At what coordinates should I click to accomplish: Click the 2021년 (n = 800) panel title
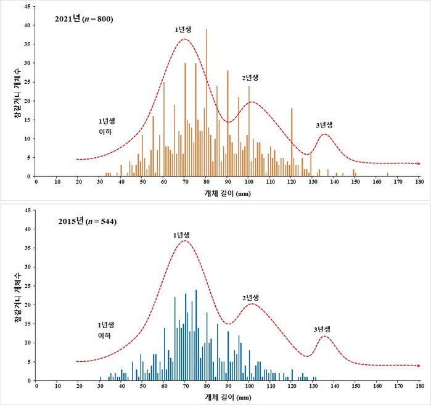coord(84,18)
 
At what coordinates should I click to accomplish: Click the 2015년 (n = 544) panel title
coord(84,221)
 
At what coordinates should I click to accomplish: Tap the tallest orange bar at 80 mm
coord(207,105)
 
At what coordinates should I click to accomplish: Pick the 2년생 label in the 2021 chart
coord(250,78)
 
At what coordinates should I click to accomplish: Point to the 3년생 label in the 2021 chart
coord(324,125)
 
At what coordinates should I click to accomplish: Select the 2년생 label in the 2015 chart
coord(250,298)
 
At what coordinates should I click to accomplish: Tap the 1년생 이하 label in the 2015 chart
coord(106,330)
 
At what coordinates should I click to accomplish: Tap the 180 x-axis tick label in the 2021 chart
coord(419,182)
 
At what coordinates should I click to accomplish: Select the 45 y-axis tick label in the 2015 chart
coord(27,211)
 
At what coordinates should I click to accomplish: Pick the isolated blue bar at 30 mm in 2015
coord(100,378)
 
